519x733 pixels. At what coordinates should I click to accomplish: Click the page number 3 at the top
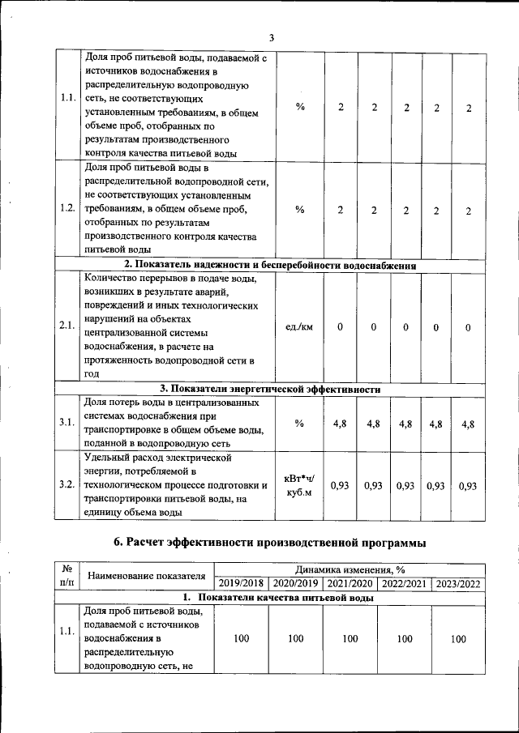click(272, 37)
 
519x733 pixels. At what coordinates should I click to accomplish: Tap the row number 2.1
click(68, 326)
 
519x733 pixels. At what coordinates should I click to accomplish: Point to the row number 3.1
click(68, 423)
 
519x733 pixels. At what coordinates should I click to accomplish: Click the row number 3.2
click(68, 485)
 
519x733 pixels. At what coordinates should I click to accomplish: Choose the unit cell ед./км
click(300, 326)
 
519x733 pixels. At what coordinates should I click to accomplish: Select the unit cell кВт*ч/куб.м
click(300, 485)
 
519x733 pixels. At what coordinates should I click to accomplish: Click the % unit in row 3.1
click(300, 423)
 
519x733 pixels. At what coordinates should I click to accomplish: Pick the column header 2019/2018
click(242, 583)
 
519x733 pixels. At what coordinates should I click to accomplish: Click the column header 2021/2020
click(350, 583)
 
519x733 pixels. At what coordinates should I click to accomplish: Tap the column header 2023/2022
click(458, 583)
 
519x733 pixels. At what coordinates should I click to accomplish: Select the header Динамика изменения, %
click(350, 569)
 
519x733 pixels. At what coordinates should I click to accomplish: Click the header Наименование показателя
click(147, 576)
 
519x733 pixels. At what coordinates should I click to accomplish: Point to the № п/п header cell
click(67, 576)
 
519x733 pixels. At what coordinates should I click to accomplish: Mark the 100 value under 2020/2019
click(295, 639)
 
